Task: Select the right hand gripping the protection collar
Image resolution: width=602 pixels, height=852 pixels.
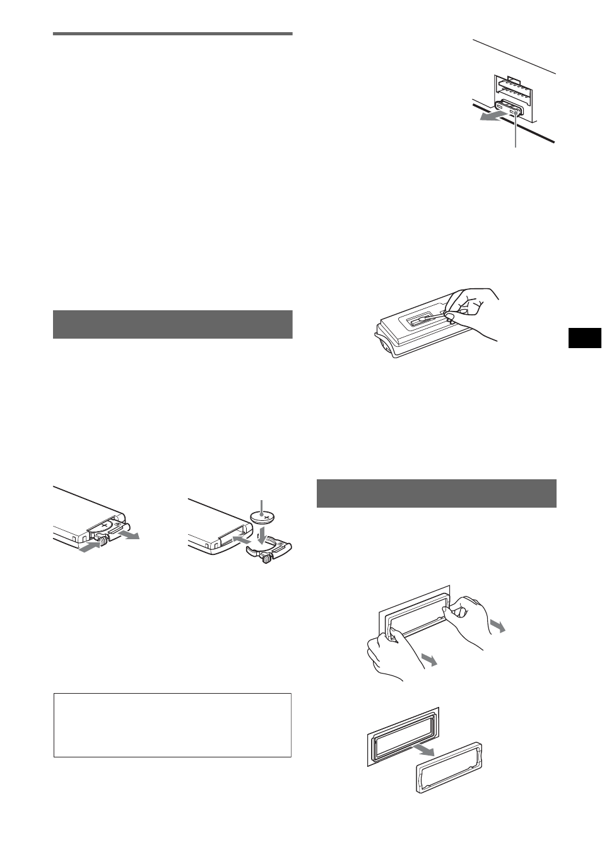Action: (x=467, y=618)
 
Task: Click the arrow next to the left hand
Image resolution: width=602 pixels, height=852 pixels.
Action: (x=429, y=660)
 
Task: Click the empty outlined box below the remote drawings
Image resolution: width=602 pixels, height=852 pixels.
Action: (x=172, y=725)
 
